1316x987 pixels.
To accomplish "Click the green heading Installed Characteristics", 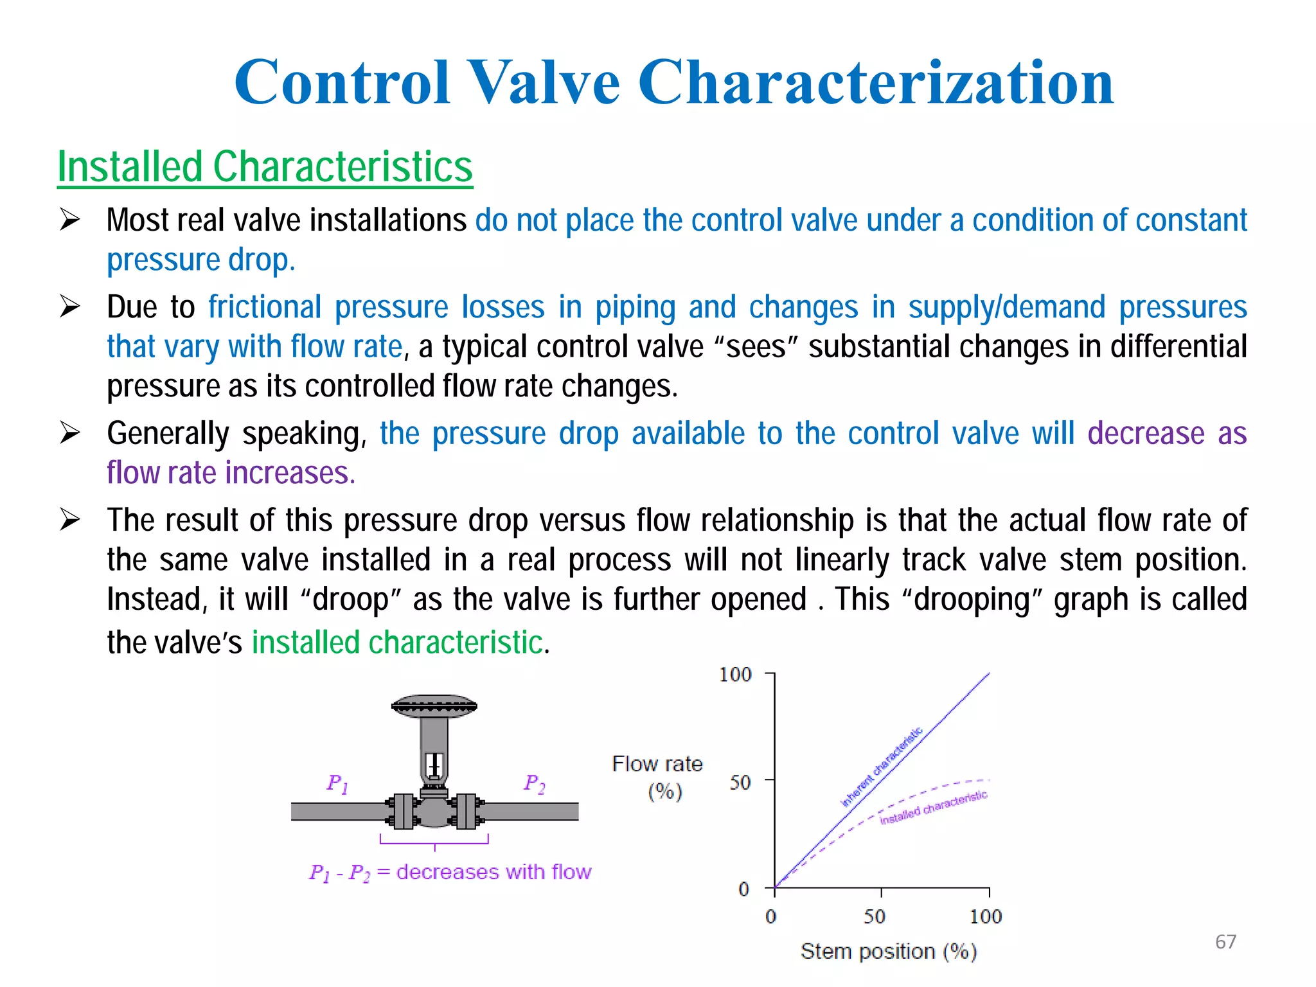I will [265, 167].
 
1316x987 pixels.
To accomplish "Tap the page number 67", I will [1225, 941].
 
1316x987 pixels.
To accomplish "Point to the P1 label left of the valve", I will [337, 783].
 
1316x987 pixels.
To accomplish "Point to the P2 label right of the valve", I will [534, 783].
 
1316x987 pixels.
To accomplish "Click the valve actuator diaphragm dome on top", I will [434, 705].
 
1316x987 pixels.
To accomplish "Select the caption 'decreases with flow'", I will [493, 872].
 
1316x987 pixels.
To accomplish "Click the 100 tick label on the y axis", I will [735, 675].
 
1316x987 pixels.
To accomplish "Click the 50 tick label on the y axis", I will [740, 782].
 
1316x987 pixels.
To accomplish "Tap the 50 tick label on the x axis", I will [875, 916].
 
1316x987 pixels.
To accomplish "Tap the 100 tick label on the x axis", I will [986, 916].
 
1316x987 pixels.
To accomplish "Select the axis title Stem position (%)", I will [889, 951].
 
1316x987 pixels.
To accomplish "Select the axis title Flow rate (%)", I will [658, 777].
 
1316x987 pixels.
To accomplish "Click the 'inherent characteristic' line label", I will [882, 767].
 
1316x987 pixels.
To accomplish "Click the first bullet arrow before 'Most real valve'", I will [69, 220].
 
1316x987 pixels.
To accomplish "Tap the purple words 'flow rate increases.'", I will [231, 474].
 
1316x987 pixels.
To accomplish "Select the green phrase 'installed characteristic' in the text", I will [397, 643].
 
